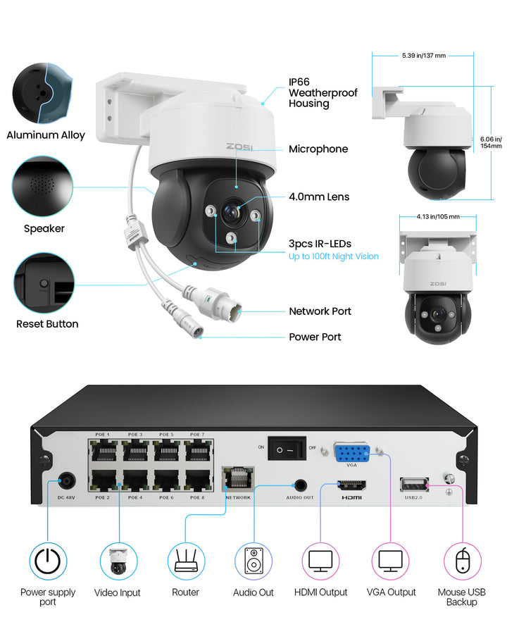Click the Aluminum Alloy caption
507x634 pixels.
(46, 135)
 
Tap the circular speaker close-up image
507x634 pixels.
(43, 185)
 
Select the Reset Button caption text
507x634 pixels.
(47, 324)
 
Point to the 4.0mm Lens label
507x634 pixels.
(319, 197)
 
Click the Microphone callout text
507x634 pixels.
(318, 149)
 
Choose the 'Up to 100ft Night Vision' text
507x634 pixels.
(334, 256)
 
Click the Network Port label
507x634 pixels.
(320, 311)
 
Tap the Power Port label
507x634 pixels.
(315, 337)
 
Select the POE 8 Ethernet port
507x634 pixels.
(198, 480)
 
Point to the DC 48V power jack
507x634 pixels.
(67, 481)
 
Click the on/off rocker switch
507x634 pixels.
(287, 448)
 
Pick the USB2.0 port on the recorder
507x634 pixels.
(413, 483)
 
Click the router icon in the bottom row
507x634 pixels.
(186, 561)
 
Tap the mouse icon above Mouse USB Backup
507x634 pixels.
(462, 561)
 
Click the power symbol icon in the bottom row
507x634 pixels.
(48, 561)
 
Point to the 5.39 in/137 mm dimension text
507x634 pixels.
(423, 55)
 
